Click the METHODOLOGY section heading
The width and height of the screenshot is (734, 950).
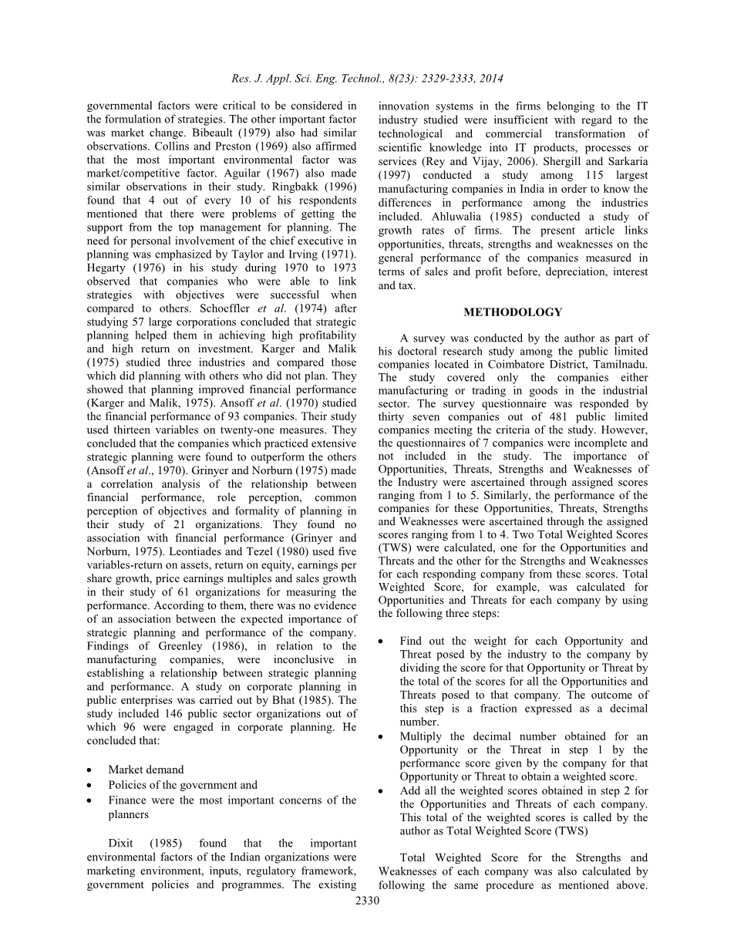point(513,312)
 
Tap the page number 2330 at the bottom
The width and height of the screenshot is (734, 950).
point(367,901)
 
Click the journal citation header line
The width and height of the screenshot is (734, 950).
point(367,78)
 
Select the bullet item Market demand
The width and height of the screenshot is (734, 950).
point(146,770)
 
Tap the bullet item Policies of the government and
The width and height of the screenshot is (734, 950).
point(183,785)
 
